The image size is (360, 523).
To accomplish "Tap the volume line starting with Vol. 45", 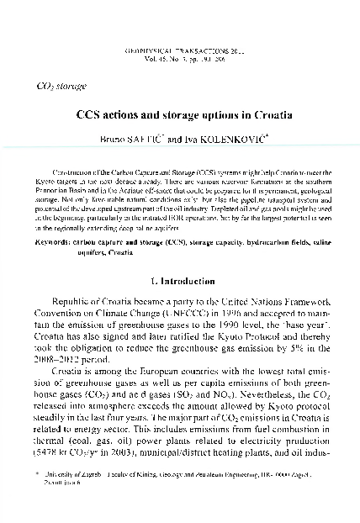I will point(179,61).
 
